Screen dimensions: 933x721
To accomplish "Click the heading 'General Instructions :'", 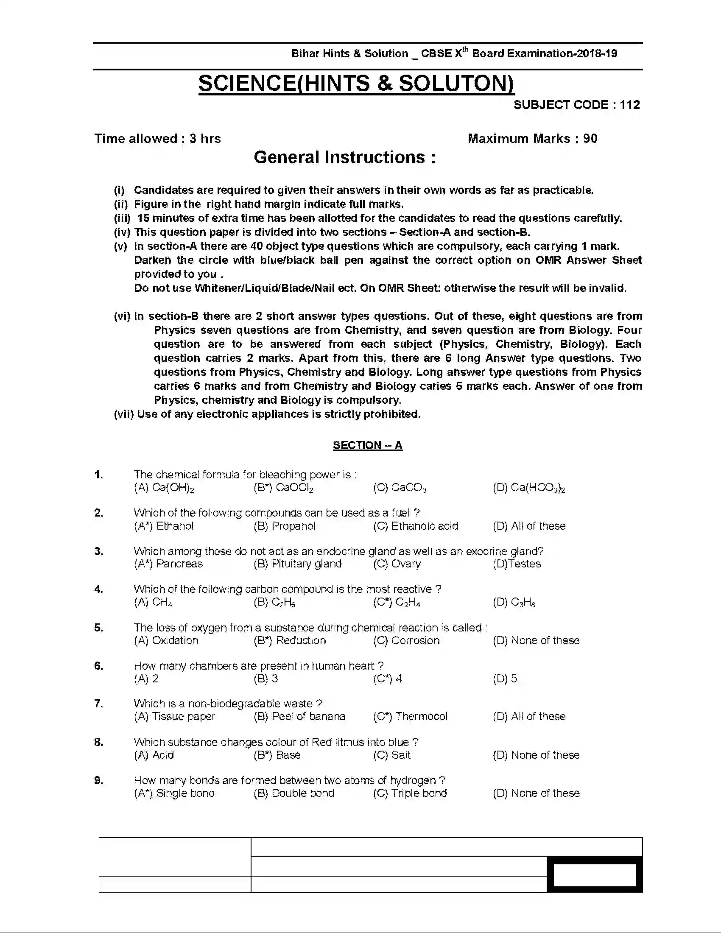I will pos(345,157).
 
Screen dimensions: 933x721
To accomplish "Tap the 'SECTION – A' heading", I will pos(367,445).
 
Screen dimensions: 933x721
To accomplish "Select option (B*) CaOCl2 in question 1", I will pos(284,487).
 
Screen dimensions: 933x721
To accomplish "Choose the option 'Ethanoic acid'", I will pos(416,526).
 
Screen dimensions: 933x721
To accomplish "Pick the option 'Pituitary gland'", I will pos(298,564).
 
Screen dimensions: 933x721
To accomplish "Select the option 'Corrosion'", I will pos(406,640).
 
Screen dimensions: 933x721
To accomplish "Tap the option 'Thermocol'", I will pos(411,716).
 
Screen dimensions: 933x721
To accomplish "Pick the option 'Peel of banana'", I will pos(299,716).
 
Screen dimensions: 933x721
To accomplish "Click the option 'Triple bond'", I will pos(410,793).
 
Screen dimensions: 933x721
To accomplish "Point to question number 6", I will pos(99,665).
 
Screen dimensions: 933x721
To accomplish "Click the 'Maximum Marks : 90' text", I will pos(532,138).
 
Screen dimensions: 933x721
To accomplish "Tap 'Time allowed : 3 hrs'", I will pos(158,138).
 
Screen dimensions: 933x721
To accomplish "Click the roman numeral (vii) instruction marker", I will pos(123,414).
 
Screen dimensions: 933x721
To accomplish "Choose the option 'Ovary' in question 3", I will pos(397,564).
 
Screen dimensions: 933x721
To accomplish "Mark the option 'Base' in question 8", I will pos(277,755).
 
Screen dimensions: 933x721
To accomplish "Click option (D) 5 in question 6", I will pos(505,679).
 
